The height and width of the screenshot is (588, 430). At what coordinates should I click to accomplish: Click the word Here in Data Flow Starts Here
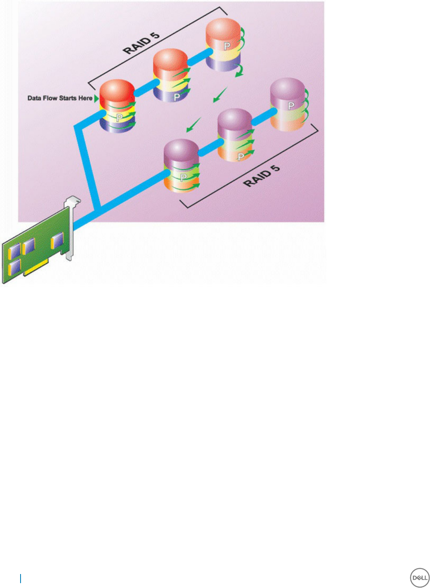(86, 98)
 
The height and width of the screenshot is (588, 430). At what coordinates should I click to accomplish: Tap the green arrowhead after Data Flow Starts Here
(96, 98)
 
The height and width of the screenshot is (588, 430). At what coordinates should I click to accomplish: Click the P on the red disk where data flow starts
(119, 118)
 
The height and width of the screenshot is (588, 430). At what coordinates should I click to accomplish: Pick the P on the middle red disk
(177, 97)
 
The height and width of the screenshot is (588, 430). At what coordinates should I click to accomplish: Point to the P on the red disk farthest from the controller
(227, 46)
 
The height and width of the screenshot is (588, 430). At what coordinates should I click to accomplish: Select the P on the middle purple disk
(241, 157)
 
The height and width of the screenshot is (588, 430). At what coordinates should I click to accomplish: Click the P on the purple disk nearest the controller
(184, 178)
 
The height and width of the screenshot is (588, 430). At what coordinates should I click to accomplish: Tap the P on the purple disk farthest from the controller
(291, 106)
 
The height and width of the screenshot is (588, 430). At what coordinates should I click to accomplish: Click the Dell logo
(420, 578)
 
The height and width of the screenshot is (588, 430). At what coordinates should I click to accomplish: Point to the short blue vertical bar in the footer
(21, 578)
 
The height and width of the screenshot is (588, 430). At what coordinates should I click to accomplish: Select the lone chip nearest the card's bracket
(57, 240)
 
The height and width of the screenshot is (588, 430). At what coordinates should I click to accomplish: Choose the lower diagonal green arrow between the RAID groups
(193, 125)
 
